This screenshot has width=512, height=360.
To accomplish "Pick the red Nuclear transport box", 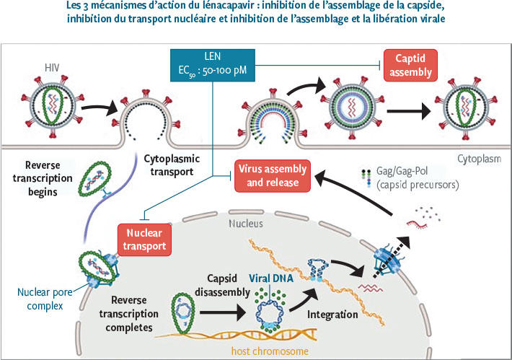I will [x=146, y=240].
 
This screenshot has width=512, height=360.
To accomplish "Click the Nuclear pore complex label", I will [x=40, y=298].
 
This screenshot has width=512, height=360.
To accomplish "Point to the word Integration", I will [x=332, y=315].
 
